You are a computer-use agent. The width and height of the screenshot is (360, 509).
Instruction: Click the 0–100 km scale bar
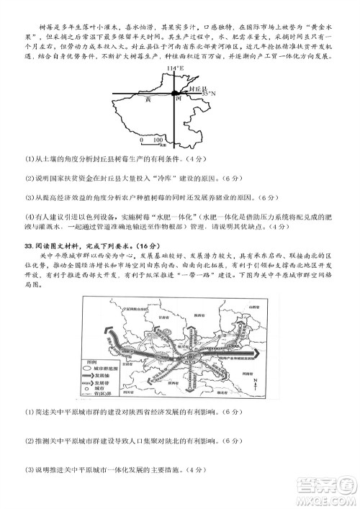pyautogui.click(x=154, y=142)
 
